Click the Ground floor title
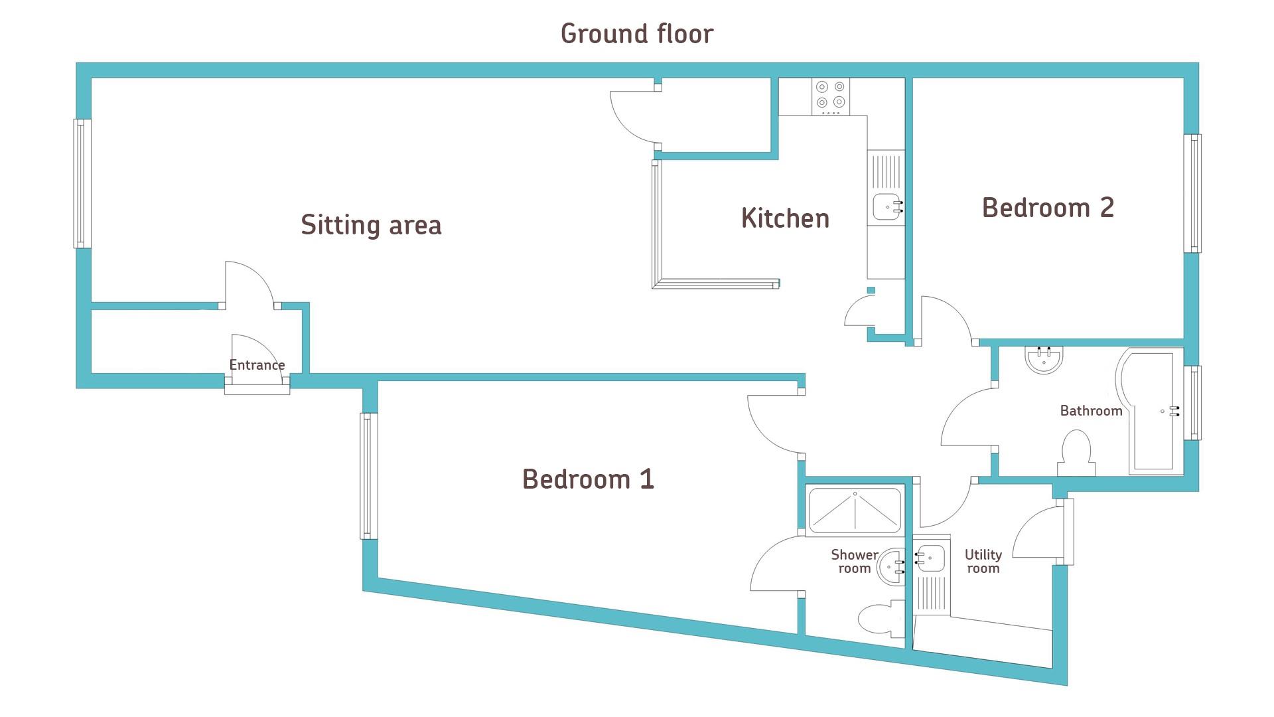click(637, 34)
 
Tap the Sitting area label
click(371, 224)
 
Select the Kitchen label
click(785, 218)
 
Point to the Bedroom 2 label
click(1048, 207)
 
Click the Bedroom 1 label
click(588, 479)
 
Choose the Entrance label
click(257, 364)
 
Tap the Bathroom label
click(1091, 410)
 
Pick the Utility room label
click(983, 561)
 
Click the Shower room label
click(854, 561)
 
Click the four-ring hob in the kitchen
click(831, 97)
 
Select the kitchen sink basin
click(886, 207)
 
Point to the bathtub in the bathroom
click(1151, 412)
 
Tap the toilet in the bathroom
click(1076, 453)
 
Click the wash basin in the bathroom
click(1044, 359)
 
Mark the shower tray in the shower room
click(855, 511)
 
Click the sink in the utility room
click(931, 558)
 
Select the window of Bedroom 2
click(1192, 193)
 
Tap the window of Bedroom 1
click(369, 476)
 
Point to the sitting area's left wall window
click(82, 184)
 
